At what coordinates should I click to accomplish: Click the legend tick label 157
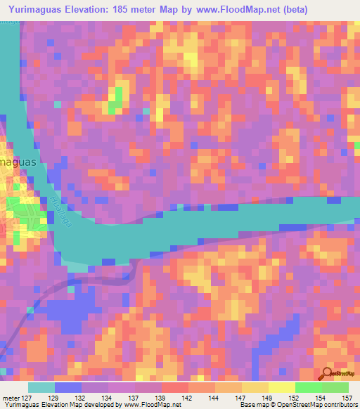(347, 398)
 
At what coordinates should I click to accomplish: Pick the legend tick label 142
(188, 398)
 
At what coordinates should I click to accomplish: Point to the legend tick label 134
(108, 398)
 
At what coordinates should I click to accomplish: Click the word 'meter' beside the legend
(12, 398)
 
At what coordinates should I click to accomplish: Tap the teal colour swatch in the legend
(41, 387)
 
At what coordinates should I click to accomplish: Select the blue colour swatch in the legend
(68, 387)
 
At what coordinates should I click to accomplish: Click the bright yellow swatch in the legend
(281, 387)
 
